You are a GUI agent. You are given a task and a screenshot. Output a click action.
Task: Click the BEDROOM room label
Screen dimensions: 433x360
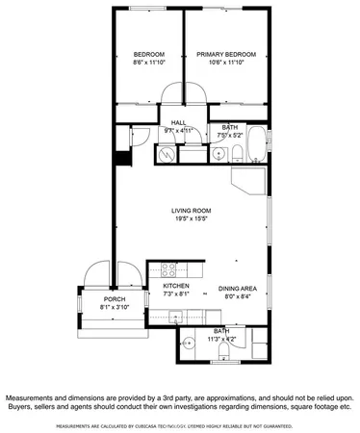click(148, 54)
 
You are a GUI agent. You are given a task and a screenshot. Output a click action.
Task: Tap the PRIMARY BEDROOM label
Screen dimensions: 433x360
click(228, 54)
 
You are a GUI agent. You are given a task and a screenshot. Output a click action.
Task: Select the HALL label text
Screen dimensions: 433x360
click(179, 122)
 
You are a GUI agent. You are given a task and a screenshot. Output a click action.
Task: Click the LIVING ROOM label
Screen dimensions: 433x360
click(192, 210)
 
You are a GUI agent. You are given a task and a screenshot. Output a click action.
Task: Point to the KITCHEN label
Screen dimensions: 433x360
click(175, 287)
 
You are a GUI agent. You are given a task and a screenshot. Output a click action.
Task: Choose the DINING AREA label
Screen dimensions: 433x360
click(236, 287)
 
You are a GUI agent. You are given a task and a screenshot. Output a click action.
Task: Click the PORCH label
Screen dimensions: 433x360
click(115, 299)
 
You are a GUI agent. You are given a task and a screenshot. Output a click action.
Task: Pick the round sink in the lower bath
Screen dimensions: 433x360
click(191, 341)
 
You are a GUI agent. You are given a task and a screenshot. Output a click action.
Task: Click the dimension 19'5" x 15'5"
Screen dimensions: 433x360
click(192, 218)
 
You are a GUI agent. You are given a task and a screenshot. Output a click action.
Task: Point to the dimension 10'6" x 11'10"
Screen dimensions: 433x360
click(228, 63)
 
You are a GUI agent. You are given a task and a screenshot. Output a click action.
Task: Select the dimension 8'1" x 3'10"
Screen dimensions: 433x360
click(115, 308)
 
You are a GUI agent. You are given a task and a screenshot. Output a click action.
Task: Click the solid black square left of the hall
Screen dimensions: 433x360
click(121, 159)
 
